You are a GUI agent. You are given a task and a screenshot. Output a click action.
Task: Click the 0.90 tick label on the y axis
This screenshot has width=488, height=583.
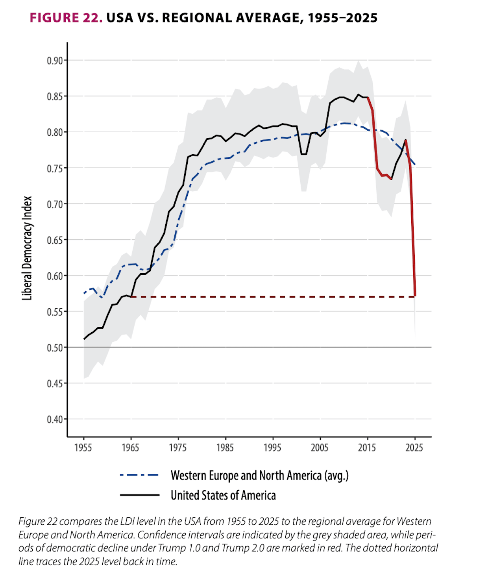pyautogui.click(x=55, y=61)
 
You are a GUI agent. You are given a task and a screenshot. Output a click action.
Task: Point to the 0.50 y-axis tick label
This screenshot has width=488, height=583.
pyautogui.click(x=55, y=348)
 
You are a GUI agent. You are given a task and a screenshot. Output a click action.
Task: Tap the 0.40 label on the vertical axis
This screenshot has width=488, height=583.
pyautogui.click(x=55, y=420)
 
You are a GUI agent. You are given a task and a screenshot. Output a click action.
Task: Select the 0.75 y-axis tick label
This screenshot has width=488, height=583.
pyautogui.click(x=55, y=168)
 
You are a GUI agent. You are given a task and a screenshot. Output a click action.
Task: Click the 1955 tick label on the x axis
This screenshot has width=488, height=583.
pyautogui.click(x=83, y=448)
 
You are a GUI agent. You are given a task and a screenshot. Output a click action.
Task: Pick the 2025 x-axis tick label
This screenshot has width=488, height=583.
pyautogui.click(x=414, y=448)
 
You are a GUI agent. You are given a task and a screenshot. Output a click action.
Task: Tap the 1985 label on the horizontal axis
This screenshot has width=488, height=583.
pyautogui.click(x=225, y=448)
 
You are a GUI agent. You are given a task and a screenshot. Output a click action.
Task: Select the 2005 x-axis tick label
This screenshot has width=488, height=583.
pyautogui.click(x=320, y=448)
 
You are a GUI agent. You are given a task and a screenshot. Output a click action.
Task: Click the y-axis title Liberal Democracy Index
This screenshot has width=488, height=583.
pyautogui.click(x=27, y=248)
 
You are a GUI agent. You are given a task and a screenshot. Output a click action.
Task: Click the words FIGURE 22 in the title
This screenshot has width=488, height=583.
pyautogui.click(x=66, y=18)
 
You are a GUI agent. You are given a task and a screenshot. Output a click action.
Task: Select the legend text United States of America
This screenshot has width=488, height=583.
pyautogui.click(x=223, y=495)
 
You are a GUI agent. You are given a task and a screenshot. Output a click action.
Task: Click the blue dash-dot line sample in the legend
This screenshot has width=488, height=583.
pyautogui.click(x=139, y=476)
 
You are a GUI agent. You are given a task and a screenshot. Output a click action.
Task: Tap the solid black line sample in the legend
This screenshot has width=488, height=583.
pyautogui.click(x=139, y=495)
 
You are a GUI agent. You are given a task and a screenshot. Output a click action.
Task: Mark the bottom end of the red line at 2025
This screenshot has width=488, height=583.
pyautogui.click(x=415, y=295)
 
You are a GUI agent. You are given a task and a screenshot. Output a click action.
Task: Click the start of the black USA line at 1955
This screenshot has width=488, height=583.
pyautogui.click(x=84, y=339)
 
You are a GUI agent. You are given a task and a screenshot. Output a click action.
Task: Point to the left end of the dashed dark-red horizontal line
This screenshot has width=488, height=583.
pyautogui.click(x=132, y=297)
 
